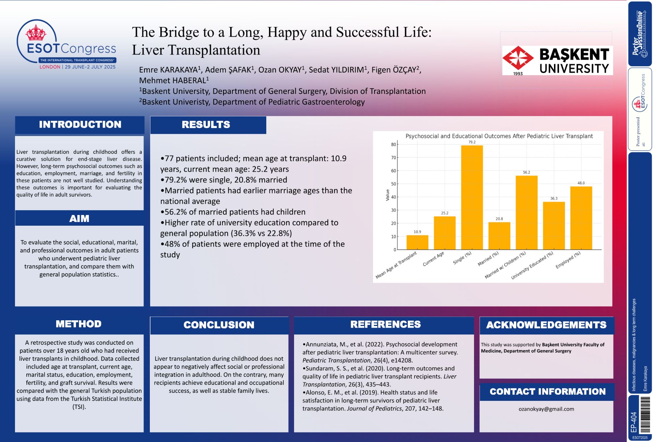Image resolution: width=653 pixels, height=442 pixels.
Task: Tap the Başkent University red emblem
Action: [518, 58]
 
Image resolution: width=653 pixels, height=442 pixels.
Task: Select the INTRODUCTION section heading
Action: [80, 125]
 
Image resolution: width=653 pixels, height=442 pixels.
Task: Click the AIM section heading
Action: [79, 219]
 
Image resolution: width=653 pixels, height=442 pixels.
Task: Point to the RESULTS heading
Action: [206, 125]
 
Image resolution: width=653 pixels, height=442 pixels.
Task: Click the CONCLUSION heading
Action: [219, 325]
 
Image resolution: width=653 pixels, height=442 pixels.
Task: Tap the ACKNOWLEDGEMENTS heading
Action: [546, 325]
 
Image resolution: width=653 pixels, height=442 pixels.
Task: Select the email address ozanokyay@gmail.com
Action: [546, 409]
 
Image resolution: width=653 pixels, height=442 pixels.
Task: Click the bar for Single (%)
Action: [472, 197]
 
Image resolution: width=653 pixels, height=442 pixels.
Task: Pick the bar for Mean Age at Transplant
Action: [417, 242]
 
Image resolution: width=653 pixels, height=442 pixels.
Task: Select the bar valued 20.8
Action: [499, 236]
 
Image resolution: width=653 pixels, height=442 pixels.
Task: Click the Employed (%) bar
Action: [581, 218]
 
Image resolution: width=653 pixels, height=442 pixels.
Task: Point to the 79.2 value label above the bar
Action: [472, 142]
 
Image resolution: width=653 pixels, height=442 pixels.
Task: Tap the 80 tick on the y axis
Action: [393, 144]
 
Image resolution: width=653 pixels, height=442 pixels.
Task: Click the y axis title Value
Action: [388, 195]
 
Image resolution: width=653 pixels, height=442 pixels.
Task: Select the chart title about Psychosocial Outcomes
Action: [499, 136]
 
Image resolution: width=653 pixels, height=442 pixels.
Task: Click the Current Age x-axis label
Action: [433, 259]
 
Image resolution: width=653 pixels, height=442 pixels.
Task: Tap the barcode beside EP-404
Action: [645, 415]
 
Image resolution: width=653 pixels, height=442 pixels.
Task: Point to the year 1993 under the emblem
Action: [518, 74]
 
